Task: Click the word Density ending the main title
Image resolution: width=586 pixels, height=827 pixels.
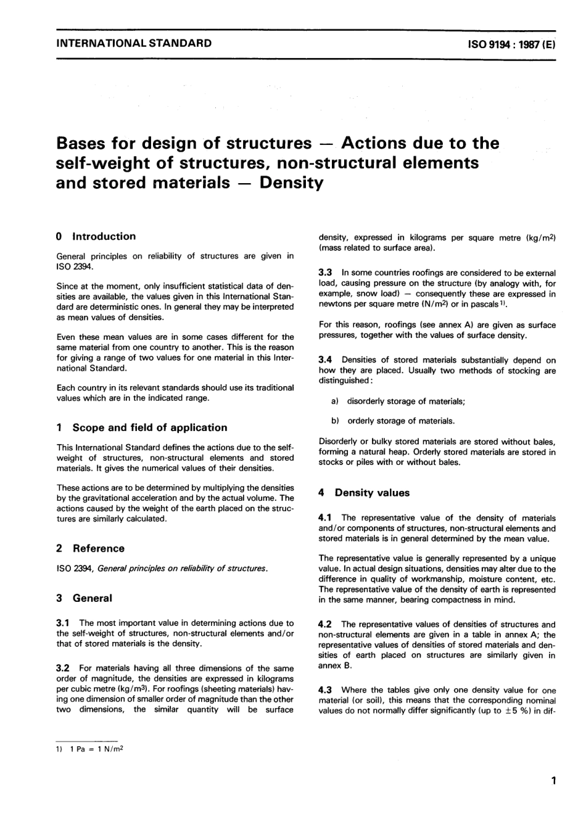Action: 292,183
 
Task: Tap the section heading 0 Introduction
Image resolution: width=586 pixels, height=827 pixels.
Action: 96,236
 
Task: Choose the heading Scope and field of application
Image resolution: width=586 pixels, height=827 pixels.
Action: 149,427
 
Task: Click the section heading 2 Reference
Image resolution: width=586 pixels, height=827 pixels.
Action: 90,548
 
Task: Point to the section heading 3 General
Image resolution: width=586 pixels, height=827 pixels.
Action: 84,598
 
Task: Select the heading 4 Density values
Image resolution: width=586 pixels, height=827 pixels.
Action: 364,493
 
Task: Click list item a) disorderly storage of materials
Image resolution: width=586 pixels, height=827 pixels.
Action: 398,401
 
